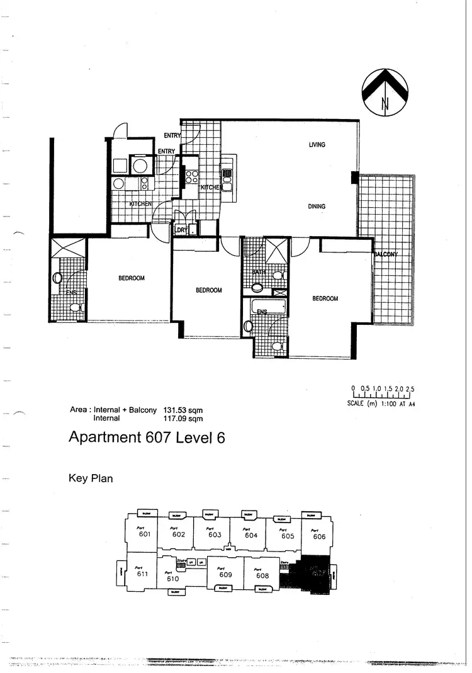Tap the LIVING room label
click(317, 145)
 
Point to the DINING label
click(317, 206)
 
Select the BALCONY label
click(385, 254)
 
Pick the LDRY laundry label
click(181, 230)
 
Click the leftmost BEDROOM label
click(132, 278)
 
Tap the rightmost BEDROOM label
click(325, 298)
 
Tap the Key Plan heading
click(91, 478)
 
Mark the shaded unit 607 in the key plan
click(315, 574)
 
